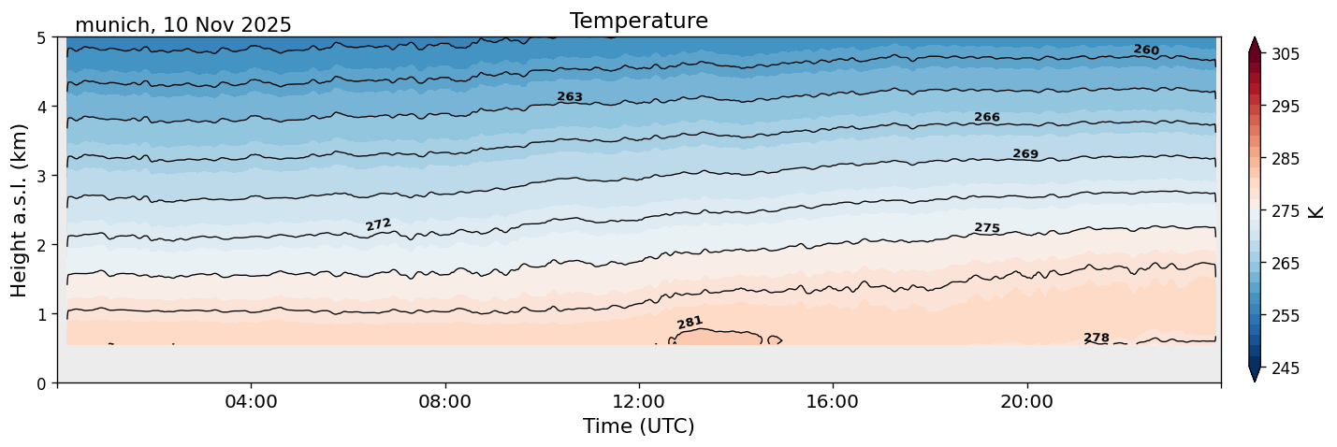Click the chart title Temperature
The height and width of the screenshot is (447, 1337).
[x=638, y=21]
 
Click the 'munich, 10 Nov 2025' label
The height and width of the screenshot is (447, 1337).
[x=183, y=25]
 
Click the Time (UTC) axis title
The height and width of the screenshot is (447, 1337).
[x=638, y=426]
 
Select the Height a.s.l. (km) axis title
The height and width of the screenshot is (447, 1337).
[x=20, y=209]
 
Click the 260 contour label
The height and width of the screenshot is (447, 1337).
[x=1146, y=50]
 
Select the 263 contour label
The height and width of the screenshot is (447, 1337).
[x=570, y=97]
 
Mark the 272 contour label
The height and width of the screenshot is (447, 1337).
[x=378, y=224]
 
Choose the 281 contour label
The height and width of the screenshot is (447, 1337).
[x=690, y=323]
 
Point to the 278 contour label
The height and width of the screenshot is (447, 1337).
[x=1097, y=338]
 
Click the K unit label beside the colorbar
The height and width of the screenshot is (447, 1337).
[x=1316, y=211]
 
